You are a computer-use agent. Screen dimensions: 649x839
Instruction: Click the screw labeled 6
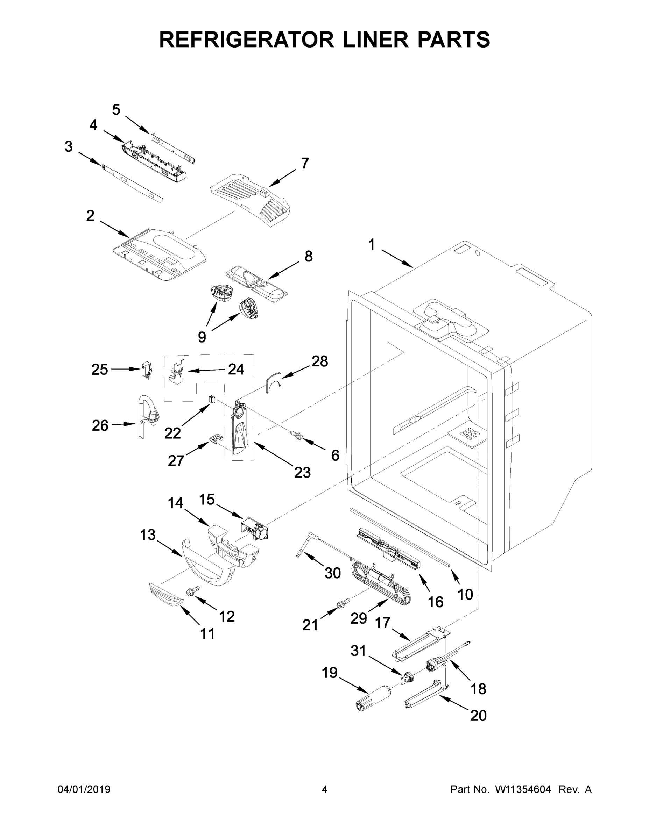point(297,435)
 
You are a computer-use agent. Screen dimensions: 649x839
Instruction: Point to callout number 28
point(319,361)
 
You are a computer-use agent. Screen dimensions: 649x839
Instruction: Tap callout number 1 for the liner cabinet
point(372,245)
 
